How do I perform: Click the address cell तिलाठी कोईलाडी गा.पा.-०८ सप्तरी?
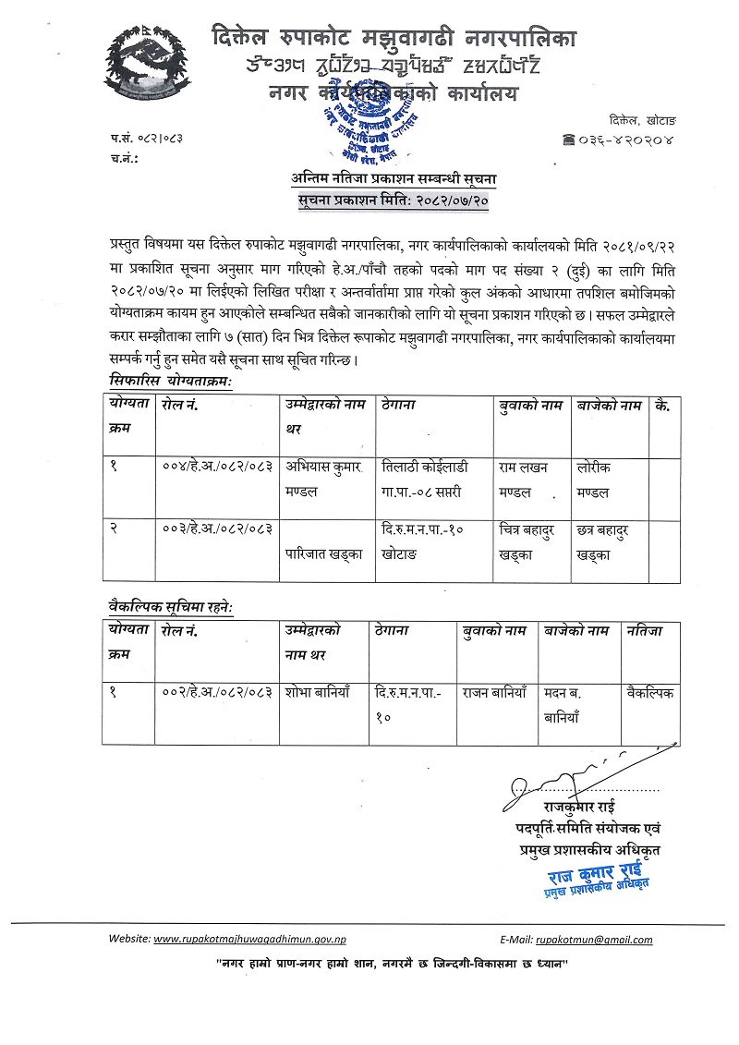[430, 480]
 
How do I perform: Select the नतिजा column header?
[644, 631]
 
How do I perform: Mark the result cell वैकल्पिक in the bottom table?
[649, 690]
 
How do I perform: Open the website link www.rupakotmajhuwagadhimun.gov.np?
[249, 940]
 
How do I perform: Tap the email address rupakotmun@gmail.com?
[594, 940]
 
